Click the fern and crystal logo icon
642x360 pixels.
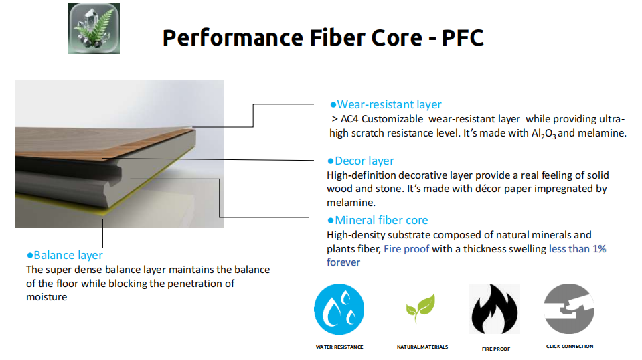pyautogui.click(x=94, y=28)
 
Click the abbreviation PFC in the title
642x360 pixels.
pyautogui.click(x=463, y=37)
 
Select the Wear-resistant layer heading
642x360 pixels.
pyautogui.click(x=386, y=105)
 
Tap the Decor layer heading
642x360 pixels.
pyautogui.click(x=361, y=161)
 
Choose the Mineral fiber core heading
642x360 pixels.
pyautogui.click(x=378, y=221)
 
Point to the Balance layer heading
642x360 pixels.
pyautogui.click(x=65, y=255)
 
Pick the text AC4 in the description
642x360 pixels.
pyautogui.click(x=349, y=119)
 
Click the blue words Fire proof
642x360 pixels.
pyautogui.click(x=406, y=249)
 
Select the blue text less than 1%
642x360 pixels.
pyautogui.click(x=577, y=249)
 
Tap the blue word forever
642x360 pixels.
pyautogui.click(x=343, y=262)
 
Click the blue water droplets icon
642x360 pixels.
pyautogui.click(x=339, y=309)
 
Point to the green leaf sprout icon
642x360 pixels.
pyautogui.click(x=420, y=308)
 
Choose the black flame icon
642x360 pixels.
pyautogui.click(x=495, y=309)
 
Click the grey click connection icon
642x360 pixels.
pyautogui.click(x=569, y=309)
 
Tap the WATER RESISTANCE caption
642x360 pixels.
pyautogui.click(x=339, y=347)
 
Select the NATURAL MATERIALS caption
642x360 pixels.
pyautogui.click(x=422, y=347)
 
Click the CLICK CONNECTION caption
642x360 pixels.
pyautogui.click(x=570, y=346)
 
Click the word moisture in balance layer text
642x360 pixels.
pyautogui.click(x=47, y=297)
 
